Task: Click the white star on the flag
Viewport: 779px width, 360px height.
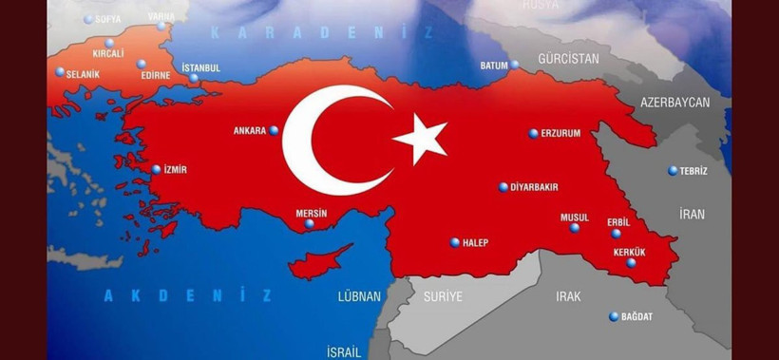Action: tap(420, 138)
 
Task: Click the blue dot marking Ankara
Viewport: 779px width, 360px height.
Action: tap(275, 130)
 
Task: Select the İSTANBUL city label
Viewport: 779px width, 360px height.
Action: tap(199, 67)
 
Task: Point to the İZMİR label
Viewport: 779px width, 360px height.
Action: tap(174, 170)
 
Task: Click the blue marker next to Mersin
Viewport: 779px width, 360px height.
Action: tap(309, 223)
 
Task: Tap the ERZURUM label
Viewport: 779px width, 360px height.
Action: tap(560, 134)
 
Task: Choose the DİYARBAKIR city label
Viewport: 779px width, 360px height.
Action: tap(534, 188)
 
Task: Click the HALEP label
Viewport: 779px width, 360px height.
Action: tap(475, 243)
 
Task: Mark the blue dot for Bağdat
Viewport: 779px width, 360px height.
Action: tap(614, 316)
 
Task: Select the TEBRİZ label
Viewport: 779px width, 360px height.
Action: tap(693, 171)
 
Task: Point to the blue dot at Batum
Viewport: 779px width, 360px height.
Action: tap(515, 65)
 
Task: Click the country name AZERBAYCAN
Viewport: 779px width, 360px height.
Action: tap(674, 102)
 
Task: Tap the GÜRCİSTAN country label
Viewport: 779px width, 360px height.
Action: tap(568, 59)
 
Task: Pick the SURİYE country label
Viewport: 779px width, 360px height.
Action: tap(443, 296)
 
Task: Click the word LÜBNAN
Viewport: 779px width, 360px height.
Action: tap(359, 296)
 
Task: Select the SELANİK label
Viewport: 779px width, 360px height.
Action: tap(83, 73)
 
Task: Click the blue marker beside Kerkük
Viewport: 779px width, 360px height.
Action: tap(632, 263)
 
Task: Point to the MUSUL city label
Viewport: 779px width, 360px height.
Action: tap(574, 218)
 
